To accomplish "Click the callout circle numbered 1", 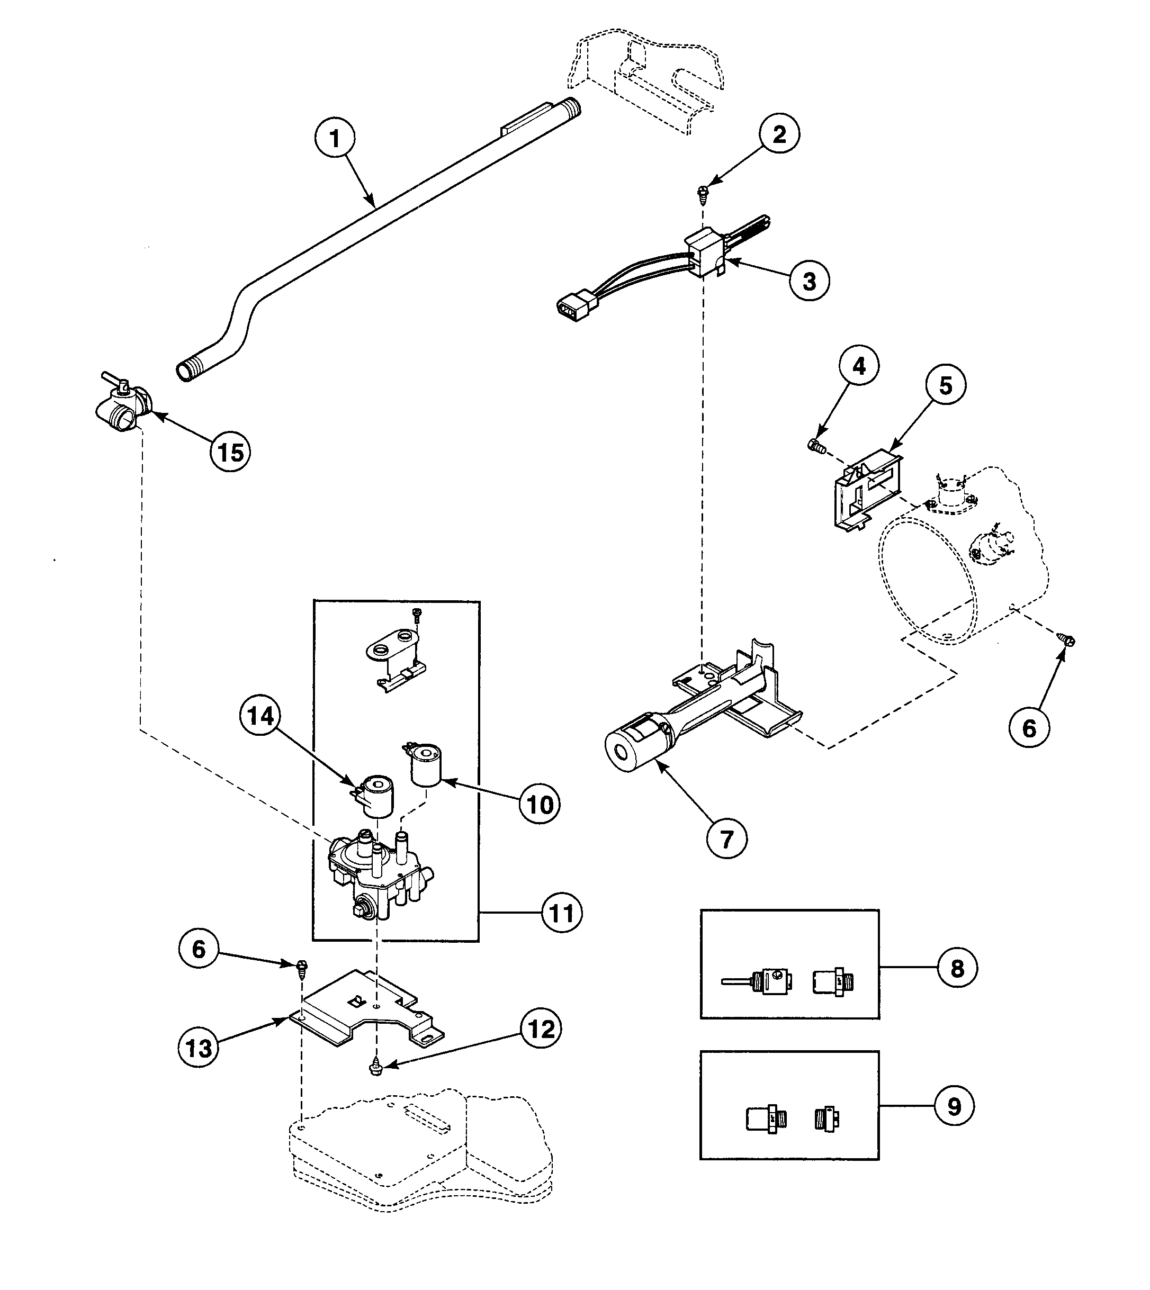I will tap(335, 138).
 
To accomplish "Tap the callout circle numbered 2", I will tap(779, 134).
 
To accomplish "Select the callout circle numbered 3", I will tap(809, 281).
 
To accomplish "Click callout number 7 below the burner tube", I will tap(726, 839).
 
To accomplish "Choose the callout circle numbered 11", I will tap(562, 913).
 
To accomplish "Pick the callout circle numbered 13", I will tap(199, 1048).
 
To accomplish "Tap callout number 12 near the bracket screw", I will tap(541, 1029).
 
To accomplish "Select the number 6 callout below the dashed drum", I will tap(1029, 728).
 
